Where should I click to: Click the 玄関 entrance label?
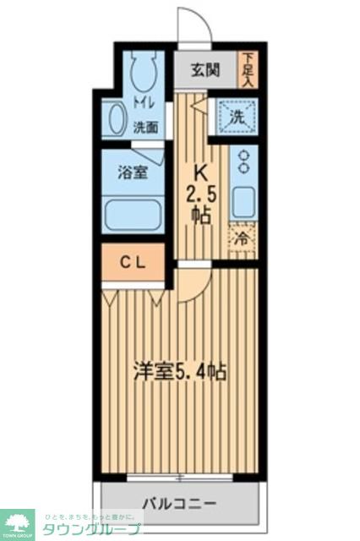pos(205,69)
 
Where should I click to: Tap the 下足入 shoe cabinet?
pos(248,69)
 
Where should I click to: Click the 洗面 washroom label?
pos(145,128)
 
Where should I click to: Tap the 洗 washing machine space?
pos(237,117)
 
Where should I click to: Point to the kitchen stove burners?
pos(244,161)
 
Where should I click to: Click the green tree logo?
pos(16,524)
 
